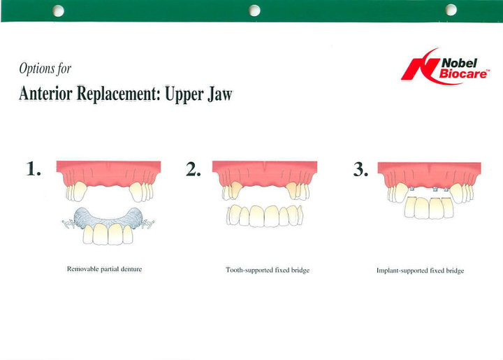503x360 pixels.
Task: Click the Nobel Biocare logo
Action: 445,66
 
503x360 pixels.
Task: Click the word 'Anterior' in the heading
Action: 45,94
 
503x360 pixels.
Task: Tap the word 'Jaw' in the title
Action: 220,94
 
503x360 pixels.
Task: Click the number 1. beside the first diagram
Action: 34,168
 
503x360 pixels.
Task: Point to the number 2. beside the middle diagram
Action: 194,169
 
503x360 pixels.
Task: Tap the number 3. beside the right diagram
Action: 360,169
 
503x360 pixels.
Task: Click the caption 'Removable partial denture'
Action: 104,269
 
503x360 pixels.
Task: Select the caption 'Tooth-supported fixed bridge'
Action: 268,270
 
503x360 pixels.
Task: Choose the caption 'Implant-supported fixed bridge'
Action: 421,271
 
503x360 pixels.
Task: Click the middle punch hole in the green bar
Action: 254,10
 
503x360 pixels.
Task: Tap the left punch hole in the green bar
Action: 59,11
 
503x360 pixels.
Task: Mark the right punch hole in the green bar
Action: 451,10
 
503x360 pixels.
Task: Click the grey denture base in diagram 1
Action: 108,219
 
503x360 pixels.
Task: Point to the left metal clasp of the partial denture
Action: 68,223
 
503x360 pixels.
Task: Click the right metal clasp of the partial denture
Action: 148,223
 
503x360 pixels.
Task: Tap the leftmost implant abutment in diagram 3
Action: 411,189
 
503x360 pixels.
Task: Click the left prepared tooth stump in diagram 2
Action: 236,189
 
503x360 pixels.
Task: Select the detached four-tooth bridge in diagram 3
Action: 429,208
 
